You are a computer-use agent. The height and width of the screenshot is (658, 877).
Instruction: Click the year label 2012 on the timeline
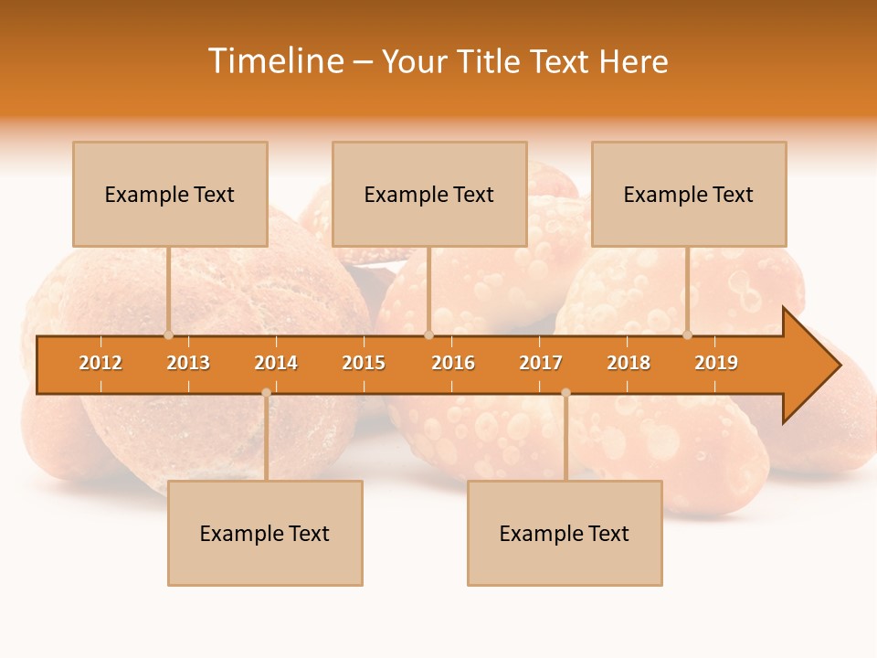[x=100, y=363]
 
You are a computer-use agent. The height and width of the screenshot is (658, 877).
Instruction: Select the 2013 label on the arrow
[x=188, y=363]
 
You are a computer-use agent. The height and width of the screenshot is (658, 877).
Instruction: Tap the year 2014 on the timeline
[x=276, y=363]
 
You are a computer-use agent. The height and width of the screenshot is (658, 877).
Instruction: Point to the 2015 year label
[x=364, y=363]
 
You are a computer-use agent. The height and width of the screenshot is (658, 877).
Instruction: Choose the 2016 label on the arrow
[x=453, y=363]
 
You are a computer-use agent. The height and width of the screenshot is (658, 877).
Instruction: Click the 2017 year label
[x=541, y=363]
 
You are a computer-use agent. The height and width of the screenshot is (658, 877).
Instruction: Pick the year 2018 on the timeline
[x=629, y=363]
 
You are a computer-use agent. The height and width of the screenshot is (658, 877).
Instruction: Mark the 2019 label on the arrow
[x=716, y=363]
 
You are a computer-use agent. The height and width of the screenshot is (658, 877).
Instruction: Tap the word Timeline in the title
[x=276, y=61]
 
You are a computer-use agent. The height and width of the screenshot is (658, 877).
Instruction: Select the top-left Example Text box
[x=170, y=194]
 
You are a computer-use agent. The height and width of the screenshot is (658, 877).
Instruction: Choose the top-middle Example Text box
[x=429, y=194]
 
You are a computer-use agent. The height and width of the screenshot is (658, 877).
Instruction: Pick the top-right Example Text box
[x=689, y=194]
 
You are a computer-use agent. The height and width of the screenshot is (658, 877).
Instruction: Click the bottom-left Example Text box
[x=265, y=533]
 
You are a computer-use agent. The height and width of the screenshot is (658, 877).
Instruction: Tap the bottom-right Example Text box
[x=565, y=533]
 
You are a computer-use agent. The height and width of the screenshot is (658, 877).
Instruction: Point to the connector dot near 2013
[x=169, y=334]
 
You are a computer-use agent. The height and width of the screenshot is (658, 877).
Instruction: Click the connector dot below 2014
[x=266, y=392]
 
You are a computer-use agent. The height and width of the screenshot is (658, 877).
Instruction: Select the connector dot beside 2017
[x=565, y=392]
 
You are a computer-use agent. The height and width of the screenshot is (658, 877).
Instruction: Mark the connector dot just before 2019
[x=688, y=334]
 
